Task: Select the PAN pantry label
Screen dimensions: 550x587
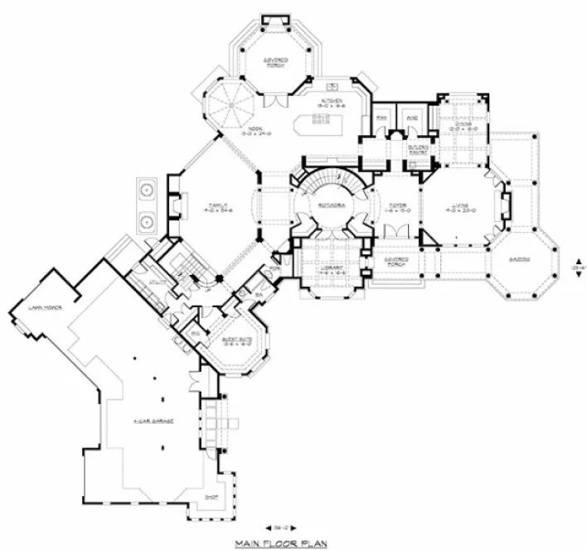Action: pyautogui.click(x=382, y=118)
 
